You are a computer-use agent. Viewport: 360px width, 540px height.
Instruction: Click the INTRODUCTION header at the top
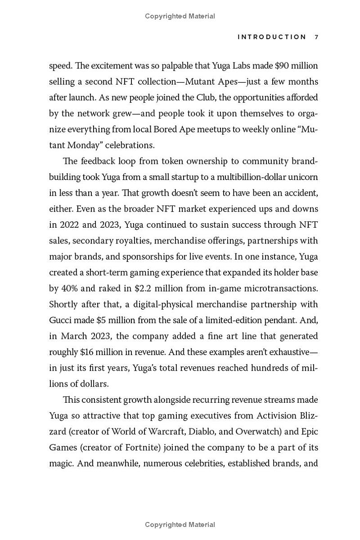(272, 37)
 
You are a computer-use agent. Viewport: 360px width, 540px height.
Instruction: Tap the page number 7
(316, 37)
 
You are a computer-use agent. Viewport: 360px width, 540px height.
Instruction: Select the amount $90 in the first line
(281, 66)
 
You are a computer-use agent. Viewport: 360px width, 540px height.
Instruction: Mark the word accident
(297, 193)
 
